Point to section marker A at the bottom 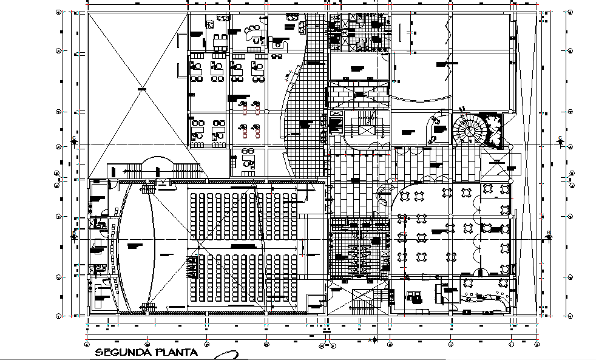pos(374,340)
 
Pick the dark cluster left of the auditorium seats pos(192,267)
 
